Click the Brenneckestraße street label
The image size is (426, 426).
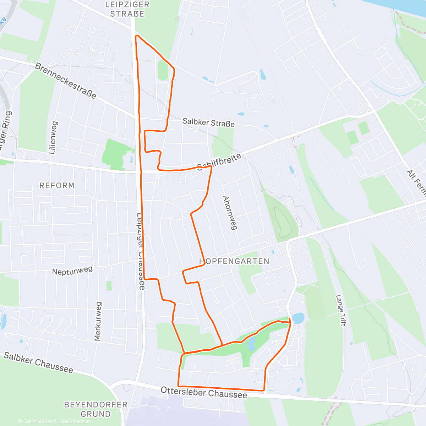click(x=66, y=81)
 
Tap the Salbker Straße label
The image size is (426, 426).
click(x=208, y=122)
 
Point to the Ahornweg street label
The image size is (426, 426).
click(x=230, y=213)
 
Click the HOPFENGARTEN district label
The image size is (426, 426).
click(x=234, y=261)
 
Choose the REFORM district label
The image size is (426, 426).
click(x=57, y=186)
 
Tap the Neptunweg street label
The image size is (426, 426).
click(x=72, y=271)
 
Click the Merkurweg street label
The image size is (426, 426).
click(x=98, y=322)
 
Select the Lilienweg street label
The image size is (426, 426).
click(x=53, y=138)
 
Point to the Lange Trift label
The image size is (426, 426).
click(x=340, y=310)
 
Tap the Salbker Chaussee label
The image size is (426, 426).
click(x=38, y=362)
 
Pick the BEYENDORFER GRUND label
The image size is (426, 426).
click(x=95, y=409)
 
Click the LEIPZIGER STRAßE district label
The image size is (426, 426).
click(x=127, y=9)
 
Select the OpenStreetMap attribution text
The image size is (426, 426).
click(x=72, y=421)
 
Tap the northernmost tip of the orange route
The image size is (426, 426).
click(x=136, y=35)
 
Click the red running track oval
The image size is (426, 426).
click(x=364, y=128)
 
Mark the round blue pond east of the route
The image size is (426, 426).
click(x=298, y=318)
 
